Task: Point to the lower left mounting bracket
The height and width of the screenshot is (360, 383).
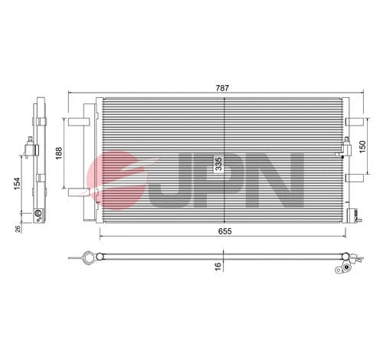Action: pyautogui.click(x=78, y=191)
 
